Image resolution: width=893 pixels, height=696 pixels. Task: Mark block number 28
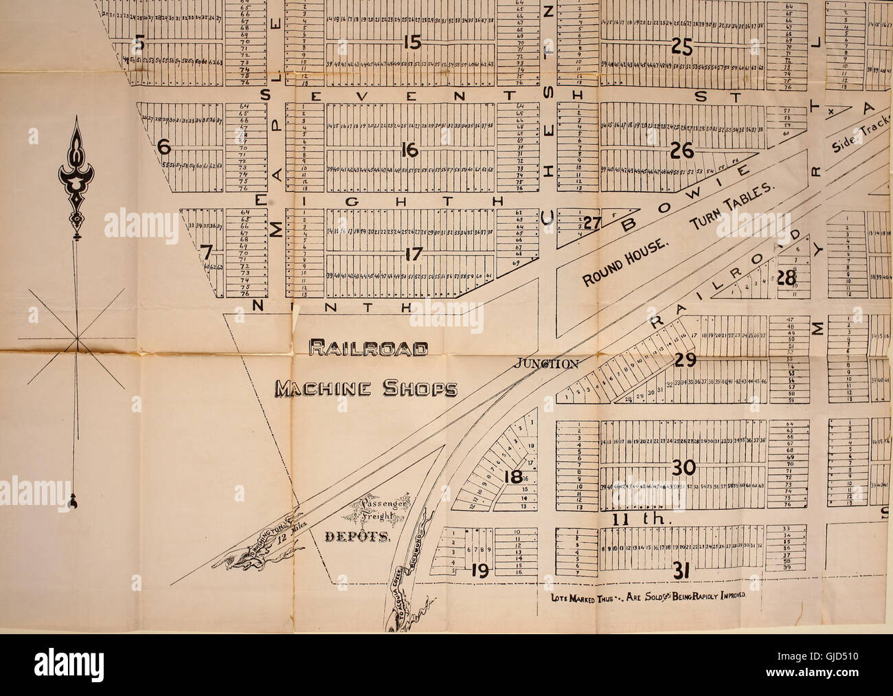click(785, 279)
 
